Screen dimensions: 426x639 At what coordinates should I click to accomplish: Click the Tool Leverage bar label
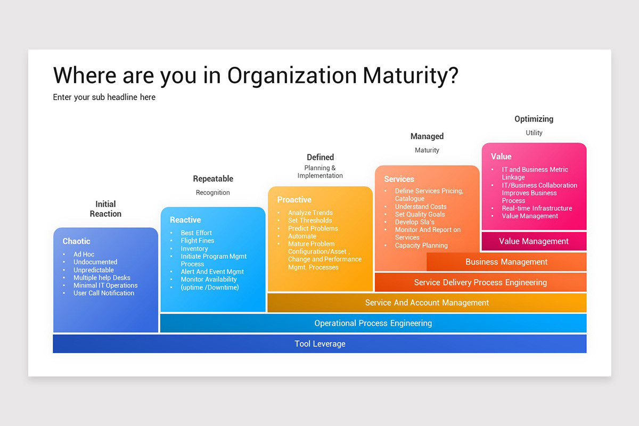coord(320,344)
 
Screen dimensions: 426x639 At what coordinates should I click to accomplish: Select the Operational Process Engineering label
coord(373,323)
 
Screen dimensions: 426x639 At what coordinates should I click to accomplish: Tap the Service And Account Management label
coord(427,302)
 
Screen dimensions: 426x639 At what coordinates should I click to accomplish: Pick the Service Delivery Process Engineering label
coord(480,282)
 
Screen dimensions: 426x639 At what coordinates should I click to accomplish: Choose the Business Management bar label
coord(506,262)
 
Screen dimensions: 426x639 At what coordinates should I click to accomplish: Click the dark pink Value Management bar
coord(534,241)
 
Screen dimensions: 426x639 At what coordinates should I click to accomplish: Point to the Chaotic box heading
coord(77,241)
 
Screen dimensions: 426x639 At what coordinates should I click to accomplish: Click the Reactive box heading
coord(185,220)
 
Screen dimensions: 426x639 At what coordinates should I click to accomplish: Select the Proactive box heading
coord(294,200)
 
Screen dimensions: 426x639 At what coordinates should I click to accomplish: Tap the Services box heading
coord(399,179)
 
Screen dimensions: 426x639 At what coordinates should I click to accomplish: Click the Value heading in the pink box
coord(501,157)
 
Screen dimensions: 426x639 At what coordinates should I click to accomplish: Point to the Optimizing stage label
coord(534,119)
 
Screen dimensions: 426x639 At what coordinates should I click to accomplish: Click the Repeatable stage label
coord(213,179)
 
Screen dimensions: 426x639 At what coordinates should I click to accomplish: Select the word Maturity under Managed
coord(427,150)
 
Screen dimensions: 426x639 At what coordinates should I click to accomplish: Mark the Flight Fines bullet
coord(197,241)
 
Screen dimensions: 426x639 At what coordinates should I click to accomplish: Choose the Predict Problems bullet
coord(313,228)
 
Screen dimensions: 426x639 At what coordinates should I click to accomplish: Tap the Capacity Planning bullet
coord(421,245)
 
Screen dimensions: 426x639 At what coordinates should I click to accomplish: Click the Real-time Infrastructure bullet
coord(537,208)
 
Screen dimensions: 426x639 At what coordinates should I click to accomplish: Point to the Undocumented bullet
coord(95,262)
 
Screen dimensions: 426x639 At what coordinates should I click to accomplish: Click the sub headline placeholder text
coord(104,97)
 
